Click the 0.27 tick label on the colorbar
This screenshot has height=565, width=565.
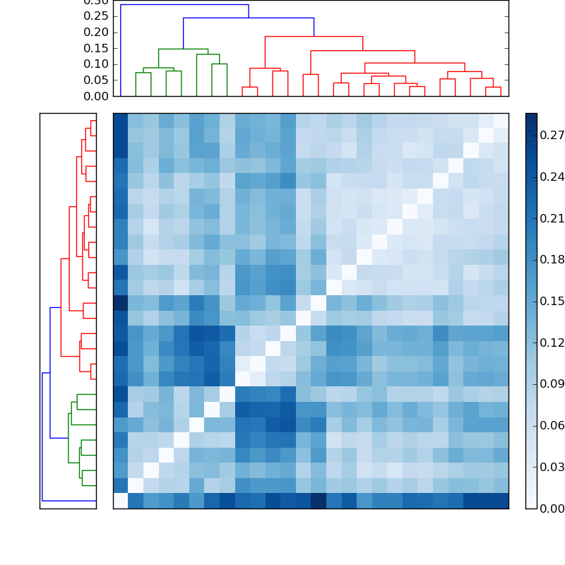[x=552, y=136]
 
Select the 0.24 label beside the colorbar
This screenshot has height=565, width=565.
[x=552, y=177]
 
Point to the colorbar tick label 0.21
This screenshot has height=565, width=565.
[x=552, y=219]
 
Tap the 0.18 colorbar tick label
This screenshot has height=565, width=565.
[x=552, y=260]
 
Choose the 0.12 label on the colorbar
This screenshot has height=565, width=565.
[x=552, y=343]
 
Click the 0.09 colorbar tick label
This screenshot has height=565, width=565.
[x=552, y=384]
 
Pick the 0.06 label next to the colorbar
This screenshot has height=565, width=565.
[x=552, y=426]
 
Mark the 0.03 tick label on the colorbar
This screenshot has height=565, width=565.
[x=552, y=467]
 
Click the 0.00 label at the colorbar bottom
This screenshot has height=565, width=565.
[x=552, y=509]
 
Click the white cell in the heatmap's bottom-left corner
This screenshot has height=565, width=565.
[x=121, y=501]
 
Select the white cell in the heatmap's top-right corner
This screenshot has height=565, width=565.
[x=501, y=121]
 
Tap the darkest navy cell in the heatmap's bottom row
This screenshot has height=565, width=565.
[x=319, y=501]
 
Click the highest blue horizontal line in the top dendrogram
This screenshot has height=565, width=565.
[x=184, y=5]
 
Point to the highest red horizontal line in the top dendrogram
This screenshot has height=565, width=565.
[x=314, y=37]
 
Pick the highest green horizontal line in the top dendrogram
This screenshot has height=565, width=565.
[x=183, y=49]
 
